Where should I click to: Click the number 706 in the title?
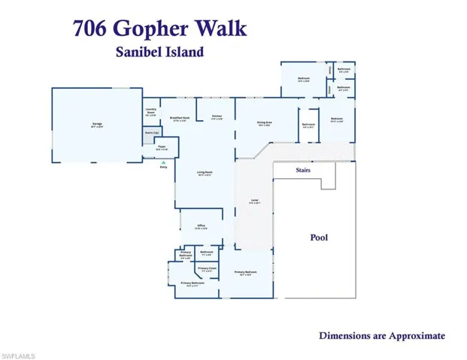coord(91,29)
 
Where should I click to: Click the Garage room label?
coord(97,124)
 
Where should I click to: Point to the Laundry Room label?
coord(150,113)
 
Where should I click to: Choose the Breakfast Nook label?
coord(178,119)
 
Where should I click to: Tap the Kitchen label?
coord(217,116)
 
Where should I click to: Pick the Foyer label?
coord(162,148)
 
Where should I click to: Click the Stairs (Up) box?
coord(150,133)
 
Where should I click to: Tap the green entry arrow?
coord(163,162)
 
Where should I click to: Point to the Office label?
coord(202,226)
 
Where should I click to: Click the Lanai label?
coord(255,201)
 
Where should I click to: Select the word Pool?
coord(320,237)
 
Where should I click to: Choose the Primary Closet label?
coord(207,268)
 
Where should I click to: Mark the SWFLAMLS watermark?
coord(20,354)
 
